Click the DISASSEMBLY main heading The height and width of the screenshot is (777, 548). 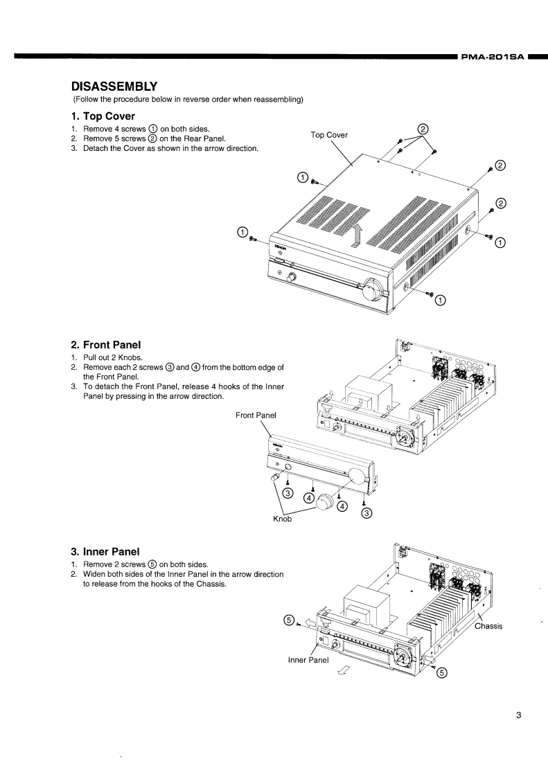[x=115, y=87]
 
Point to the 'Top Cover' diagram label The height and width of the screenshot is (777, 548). [x=329, y=135]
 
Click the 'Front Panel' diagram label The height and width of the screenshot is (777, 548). [x=256, y=416]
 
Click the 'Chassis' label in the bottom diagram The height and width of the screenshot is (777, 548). [x=488, y=626]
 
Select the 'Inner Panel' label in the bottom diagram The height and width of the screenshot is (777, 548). [x=308, y=659]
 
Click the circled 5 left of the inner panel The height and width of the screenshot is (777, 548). [x=289, y=619]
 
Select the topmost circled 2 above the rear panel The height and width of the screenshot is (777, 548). [x=424, y=128]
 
